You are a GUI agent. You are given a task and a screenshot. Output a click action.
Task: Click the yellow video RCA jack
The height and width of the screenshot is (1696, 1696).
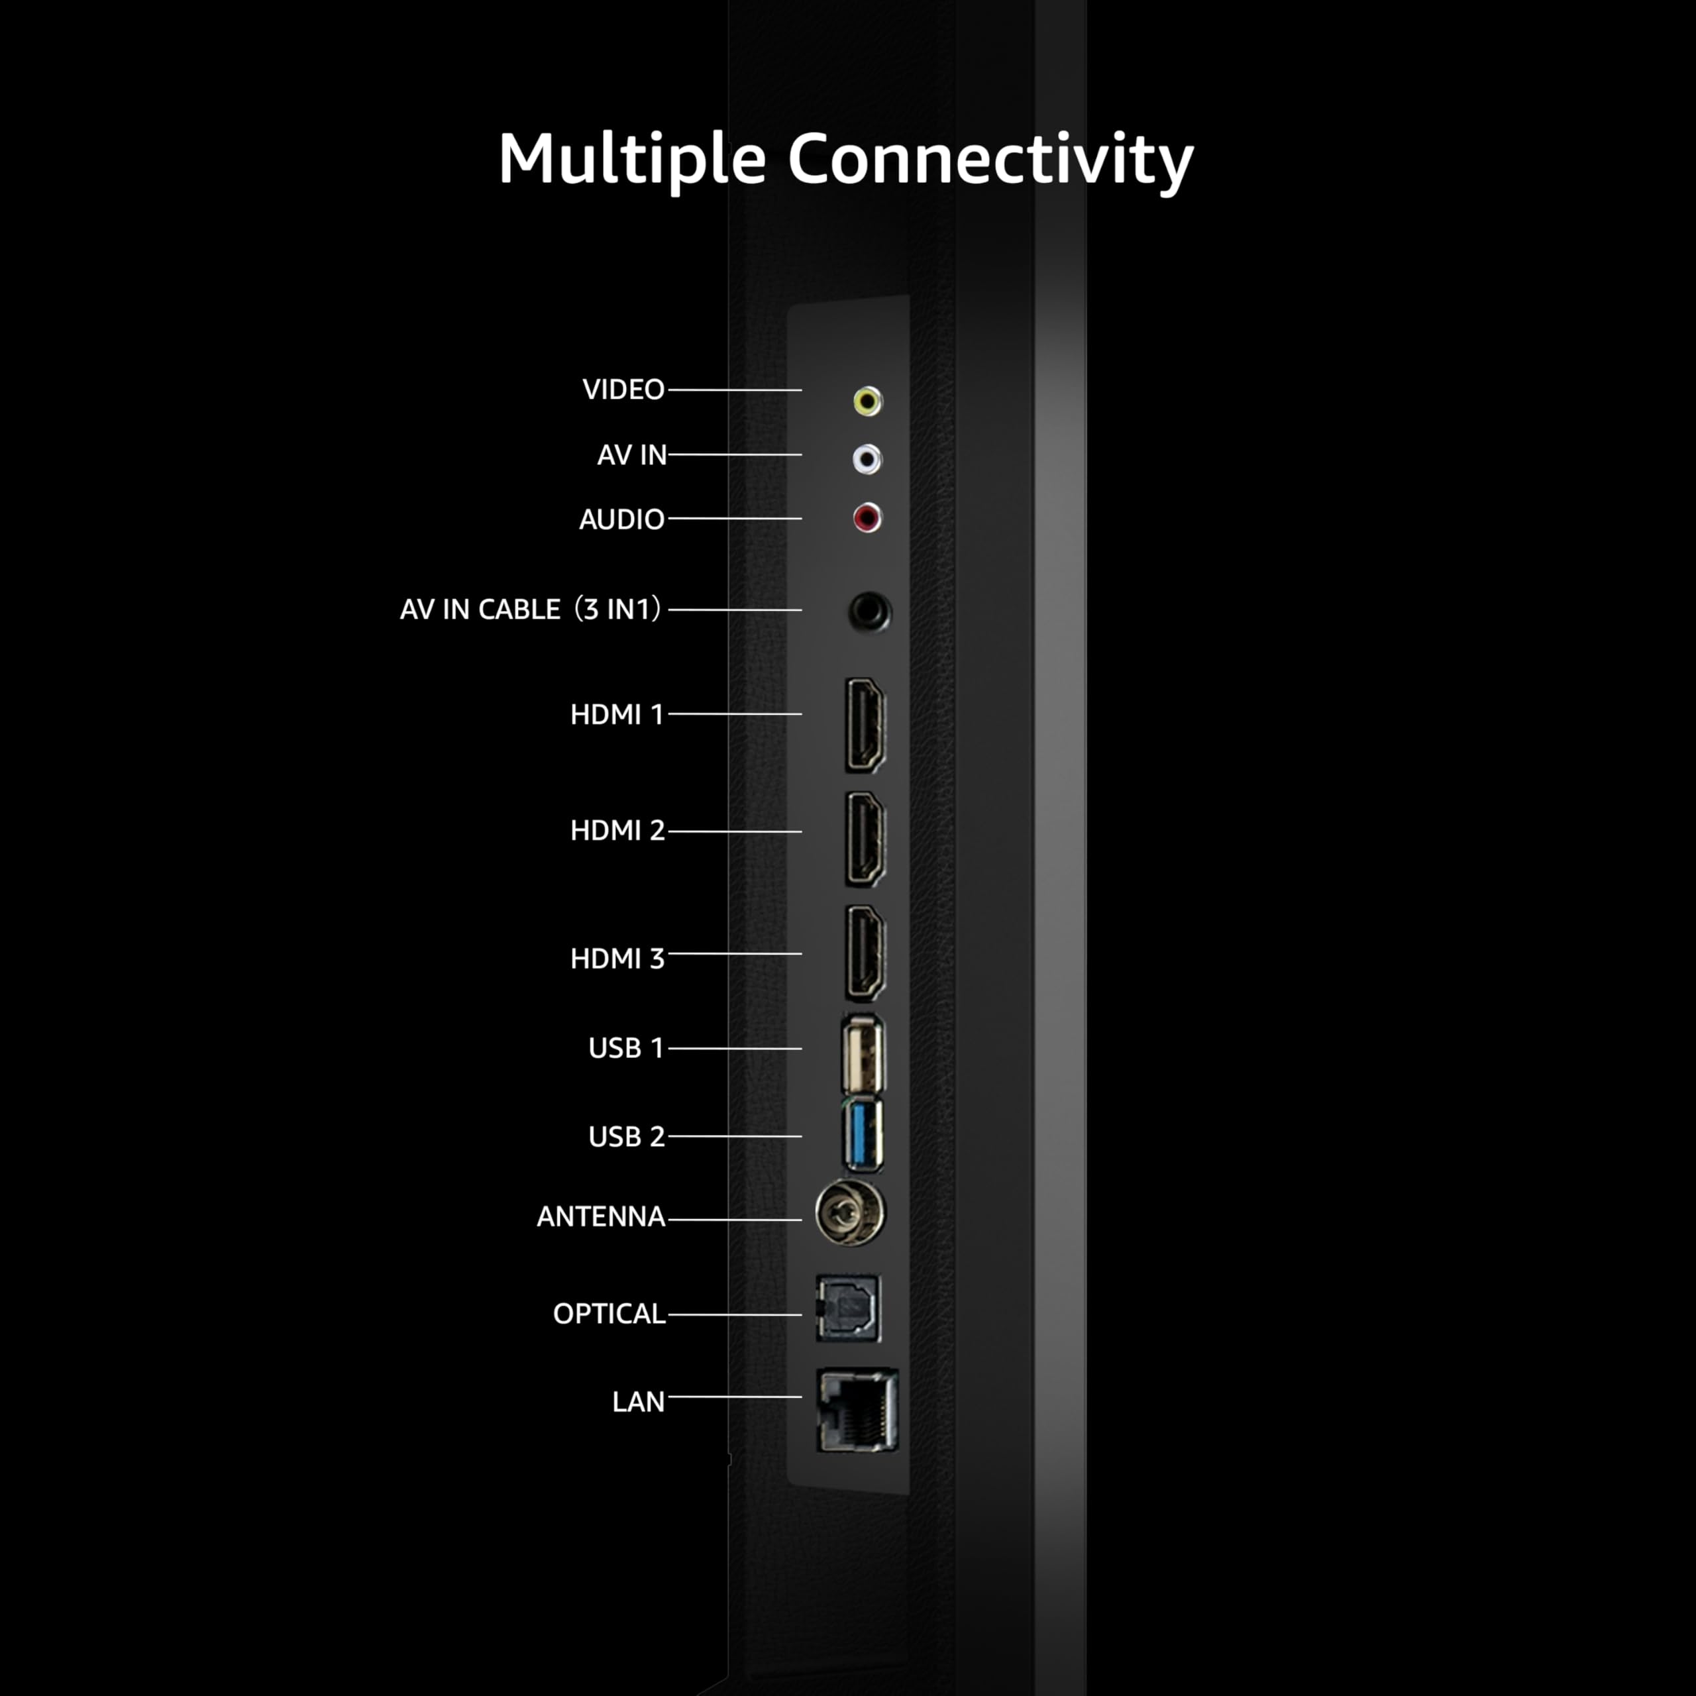867,401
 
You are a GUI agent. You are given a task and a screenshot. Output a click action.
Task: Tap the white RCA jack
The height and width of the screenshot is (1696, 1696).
867,458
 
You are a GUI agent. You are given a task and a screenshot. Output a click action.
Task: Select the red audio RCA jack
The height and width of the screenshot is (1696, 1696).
867,518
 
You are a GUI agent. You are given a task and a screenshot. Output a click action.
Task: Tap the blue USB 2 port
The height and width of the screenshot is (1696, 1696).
863,1135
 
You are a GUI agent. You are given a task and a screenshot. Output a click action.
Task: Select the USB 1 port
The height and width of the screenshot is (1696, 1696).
863,1053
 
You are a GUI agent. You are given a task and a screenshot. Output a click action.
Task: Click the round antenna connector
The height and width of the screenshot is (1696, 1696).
850,1212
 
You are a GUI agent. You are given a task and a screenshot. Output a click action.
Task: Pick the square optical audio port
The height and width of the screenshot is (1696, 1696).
848,1308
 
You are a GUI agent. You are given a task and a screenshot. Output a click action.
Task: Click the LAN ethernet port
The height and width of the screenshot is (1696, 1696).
857,1410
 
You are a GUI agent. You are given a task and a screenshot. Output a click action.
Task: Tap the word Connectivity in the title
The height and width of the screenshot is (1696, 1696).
990,160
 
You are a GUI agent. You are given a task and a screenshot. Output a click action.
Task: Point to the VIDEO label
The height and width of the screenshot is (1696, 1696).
623,390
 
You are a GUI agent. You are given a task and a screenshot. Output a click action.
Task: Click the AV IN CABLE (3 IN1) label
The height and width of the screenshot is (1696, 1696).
530,609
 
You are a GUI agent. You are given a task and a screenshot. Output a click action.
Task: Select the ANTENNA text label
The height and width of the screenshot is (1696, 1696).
600,1217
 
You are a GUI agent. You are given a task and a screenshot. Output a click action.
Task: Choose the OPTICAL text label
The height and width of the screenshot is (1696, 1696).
608,1313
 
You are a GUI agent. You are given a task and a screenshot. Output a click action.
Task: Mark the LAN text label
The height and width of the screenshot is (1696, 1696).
638,1402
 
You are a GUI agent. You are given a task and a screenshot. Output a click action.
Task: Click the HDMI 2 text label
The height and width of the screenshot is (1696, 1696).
617,830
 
